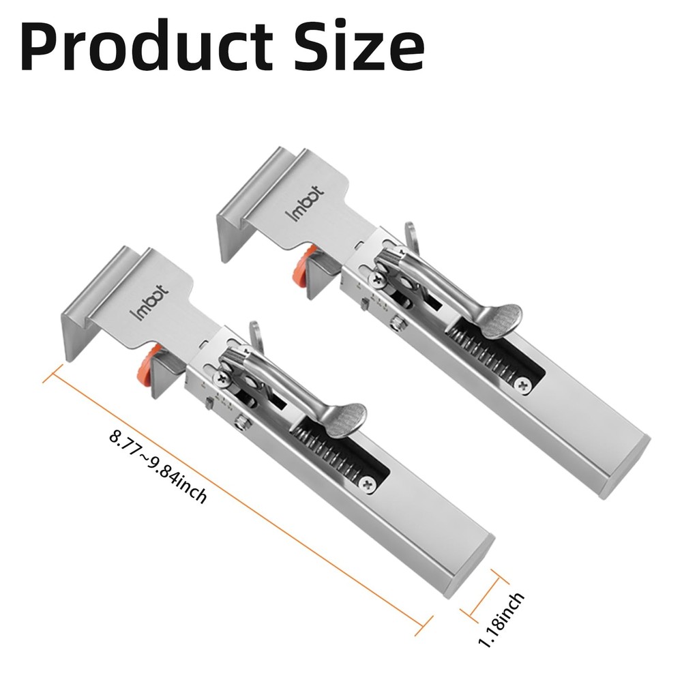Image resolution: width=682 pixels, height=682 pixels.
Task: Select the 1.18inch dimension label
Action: (x=501, y=621)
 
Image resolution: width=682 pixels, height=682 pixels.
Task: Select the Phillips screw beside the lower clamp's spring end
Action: (x=369, y=483)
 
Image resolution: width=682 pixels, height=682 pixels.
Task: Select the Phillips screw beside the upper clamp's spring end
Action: (x=523, y=385)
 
